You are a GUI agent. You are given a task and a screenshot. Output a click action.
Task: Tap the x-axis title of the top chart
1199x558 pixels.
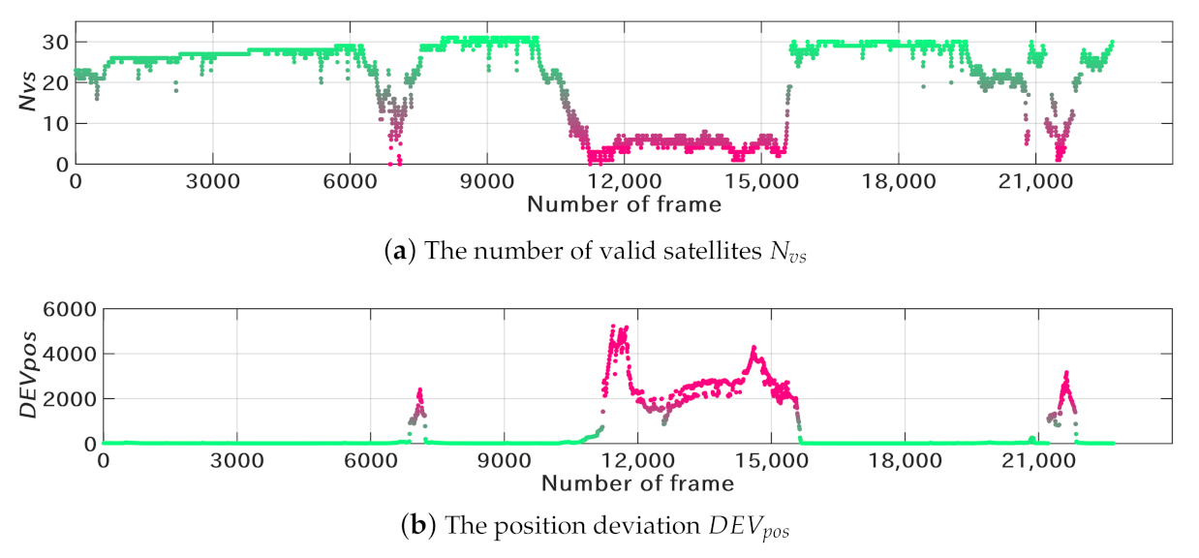624,203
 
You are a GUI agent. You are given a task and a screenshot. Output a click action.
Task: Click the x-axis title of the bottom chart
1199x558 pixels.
636,481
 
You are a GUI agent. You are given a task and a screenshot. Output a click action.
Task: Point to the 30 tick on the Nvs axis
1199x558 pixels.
55,42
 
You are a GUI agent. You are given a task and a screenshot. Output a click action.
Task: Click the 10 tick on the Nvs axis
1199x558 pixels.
55,124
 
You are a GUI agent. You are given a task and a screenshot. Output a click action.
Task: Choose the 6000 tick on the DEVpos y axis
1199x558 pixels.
73,309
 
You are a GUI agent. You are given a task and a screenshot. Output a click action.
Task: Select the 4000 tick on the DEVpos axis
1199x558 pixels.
73,354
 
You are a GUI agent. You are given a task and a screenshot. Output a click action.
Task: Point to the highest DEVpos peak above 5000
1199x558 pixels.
612,326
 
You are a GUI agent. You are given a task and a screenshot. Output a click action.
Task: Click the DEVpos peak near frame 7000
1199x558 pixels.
419,389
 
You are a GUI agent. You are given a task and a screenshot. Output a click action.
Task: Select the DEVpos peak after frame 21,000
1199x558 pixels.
1065,372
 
